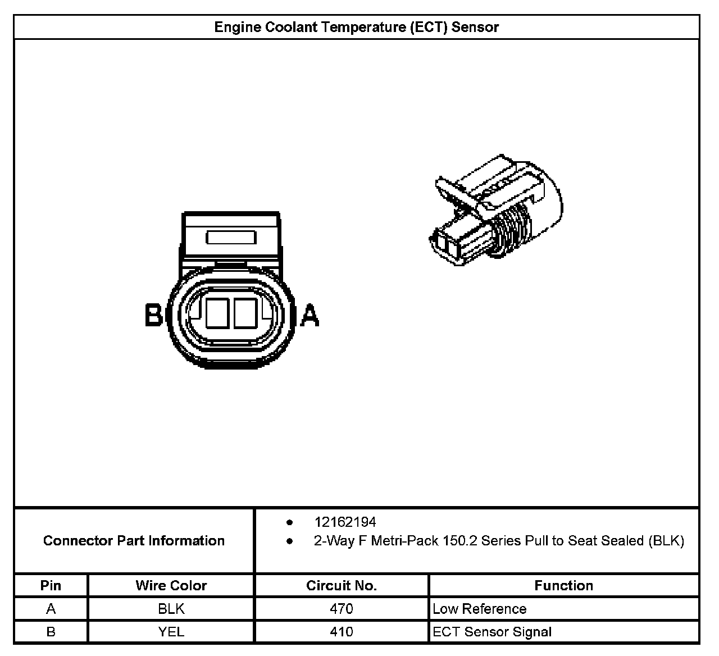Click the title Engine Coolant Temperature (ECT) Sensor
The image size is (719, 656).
point(356,27)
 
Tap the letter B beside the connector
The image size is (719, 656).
point(153,315)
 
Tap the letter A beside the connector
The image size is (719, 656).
point(310,315)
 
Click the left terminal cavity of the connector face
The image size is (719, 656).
point(216,313)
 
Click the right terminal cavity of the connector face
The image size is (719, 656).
point(245,313)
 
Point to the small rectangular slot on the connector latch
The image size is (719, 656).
point(231,238)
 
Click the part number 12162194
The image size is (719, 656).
point(345,522)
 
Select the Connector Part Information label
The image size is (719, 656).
point(134,541)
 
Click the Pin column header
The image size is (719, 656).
point(51,585)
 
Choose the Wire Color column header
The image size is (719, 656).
point(171,585)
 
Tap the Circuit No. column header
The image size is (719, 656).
point(342,585)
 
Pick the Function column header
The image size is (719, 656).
point(563,585)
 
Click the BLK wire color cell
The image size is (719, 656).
point(171,609)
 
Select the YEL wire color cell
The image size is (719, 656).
point(171,632)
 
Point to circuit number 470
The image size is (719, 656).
point(342,609)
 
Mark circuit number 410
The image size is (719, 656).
point(342,632)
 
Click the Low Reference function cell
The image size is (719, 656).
point(479,609)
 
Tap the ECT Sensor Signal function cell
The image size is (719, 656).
point(492,632)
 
